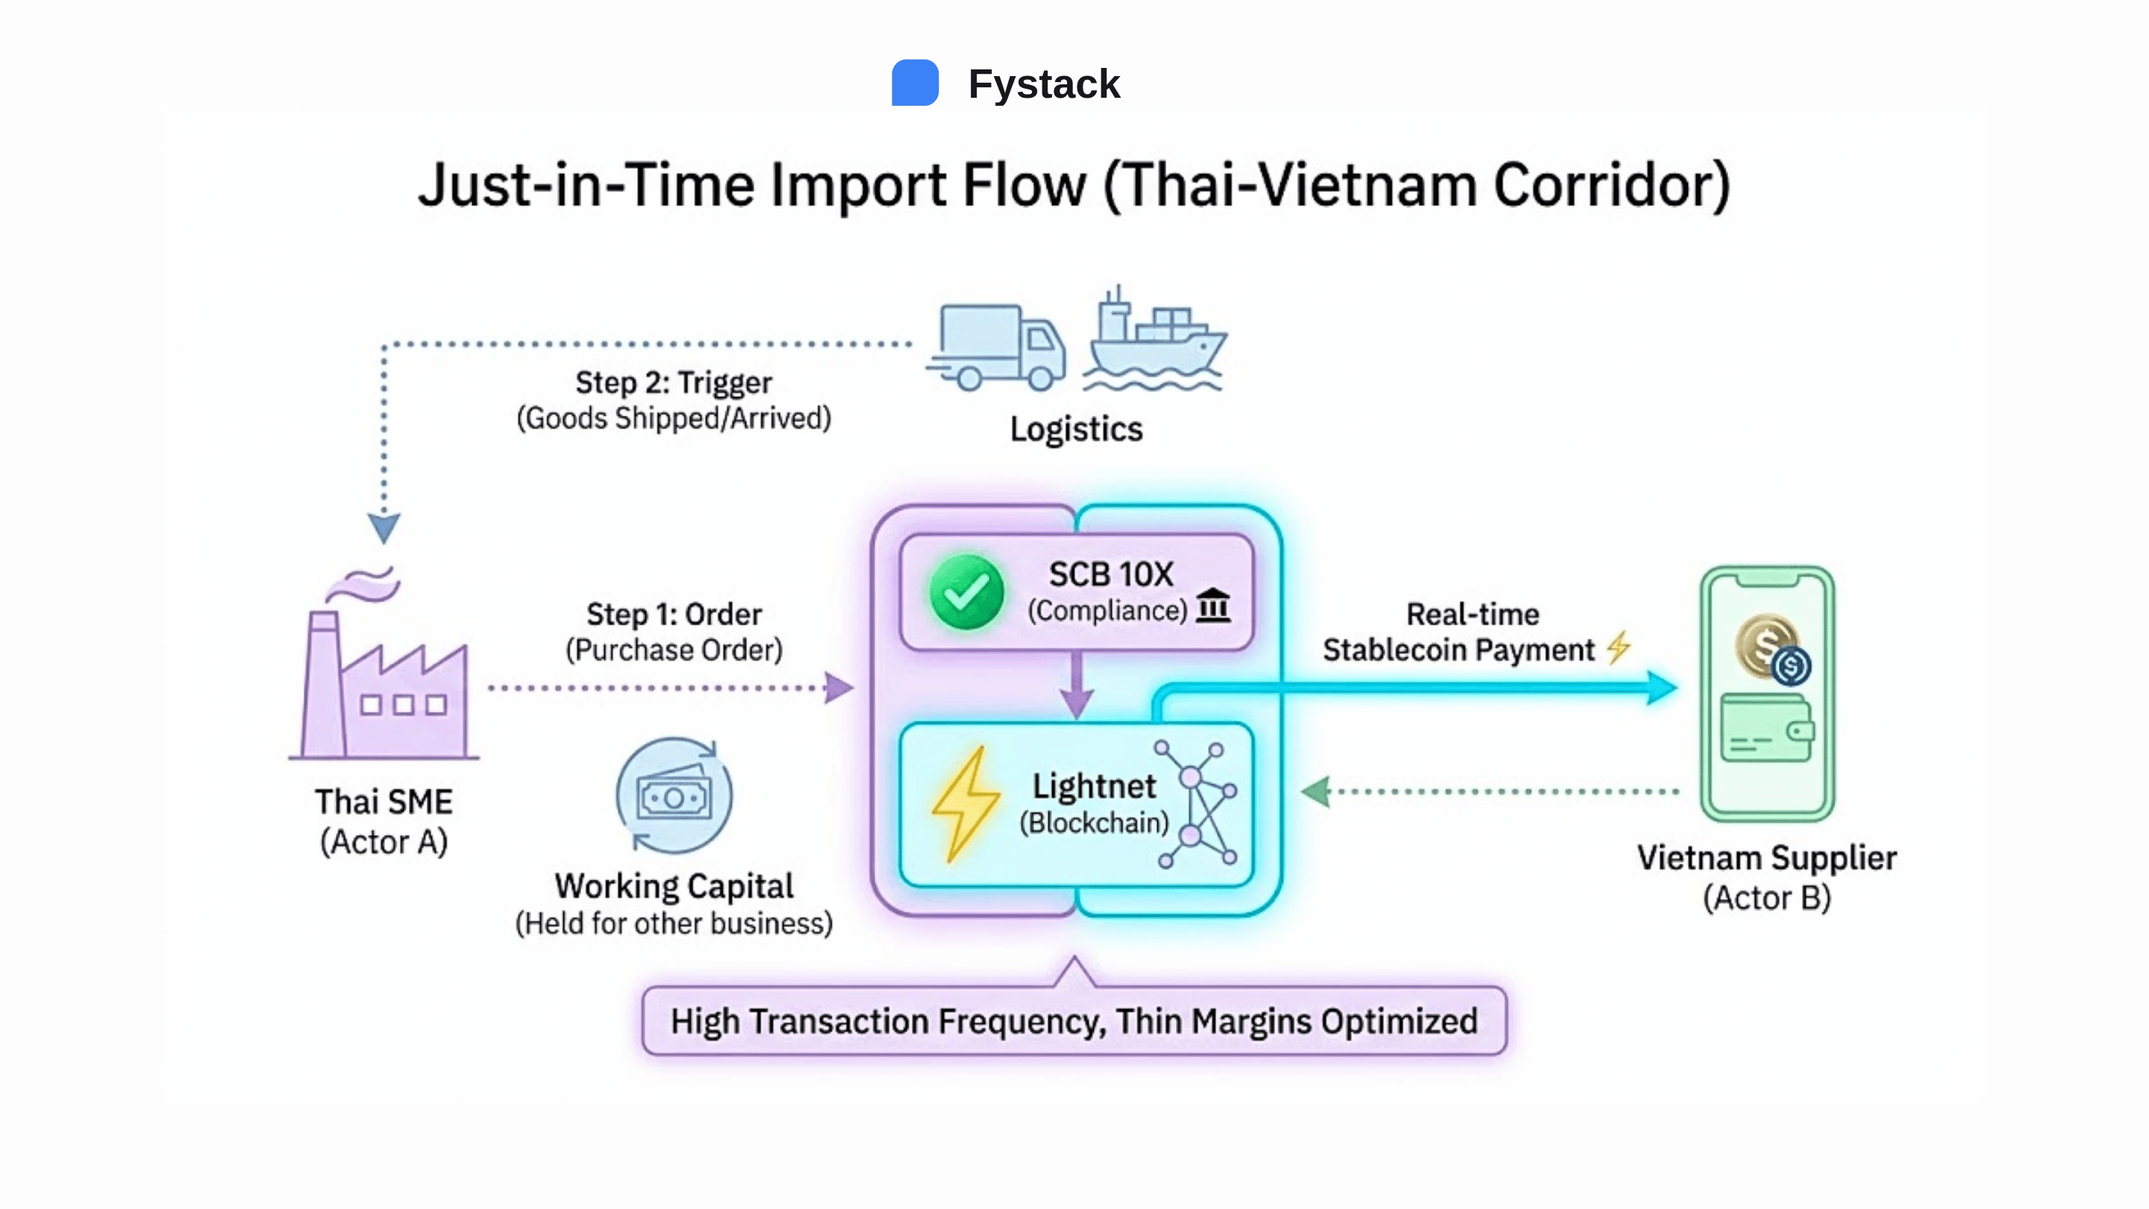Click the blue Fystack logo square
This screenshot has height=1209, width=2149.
(x=914, y=83)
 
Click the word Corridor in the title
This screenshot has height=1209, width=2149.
(x=1611, y=185)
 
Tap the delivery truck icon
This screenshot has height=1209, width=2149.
(x=998, y=347)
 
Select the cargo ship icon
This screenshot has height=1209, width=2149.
(x=1154, y=342)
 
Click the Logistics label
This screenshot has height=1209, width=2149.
(x=1075, y=429)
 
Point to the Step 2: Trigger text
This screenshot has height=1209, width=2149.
(x=673, y=382)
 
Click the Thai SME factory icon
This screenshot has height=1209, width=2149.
(x=384, y=676)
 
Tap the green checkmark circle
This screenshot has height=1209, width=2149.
(x=966, y=592)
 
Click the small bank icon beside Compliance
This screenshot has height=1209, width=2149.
(x=1213, y=606)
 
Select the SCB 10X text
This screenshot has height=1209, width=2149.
(x=1110, y=574)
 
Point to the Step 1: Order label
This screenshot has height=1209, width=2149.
(x=673, y=614)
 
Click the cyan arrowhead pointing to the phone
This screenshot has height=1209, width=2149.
(x=1661, y=687)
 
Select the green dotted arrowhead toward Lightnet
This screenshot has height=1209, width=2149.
(x=1316, y=791)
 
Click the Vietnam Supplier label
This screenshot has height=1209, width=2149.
(x=1766, y=857)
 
